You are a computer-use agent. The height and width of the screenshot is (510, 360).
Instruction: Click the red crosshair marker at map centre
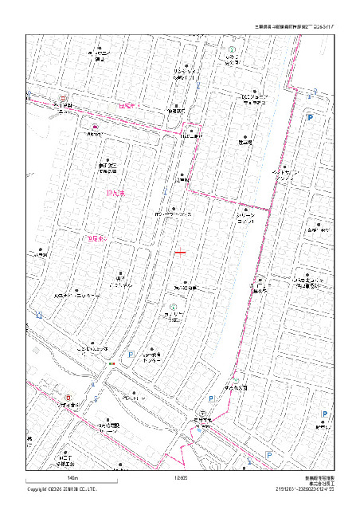pyautogui.click(x=181, y=253)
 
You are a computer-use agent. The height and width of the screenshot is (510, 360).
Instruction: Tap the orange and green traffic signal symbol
pyautogui.click(x=112, y=364)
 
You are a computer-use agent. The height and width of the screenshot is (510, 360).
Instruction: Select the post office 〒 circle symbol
pyautogui.click(x=204, y=414)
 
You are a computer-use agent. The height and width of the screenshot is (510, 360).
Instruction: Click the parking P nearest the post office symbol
pyautogui.click(x=211, y=398)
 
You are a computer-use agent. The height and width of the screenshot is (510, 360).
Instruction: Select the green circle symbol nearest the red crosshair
pyautogui.click(x=173, y=307)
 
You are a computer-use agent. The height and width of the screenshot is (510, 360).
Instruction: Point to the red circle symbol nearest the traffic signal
pyautogui.click(x=68, y=398)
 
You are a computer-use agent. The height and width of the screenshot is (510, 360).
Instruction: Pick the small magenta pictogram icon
pyautogui.click(x=95, y=127)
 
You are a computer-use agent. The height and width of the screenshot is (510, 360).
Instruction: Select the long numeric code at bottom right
pyautogui.click(x=305, y=489)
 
